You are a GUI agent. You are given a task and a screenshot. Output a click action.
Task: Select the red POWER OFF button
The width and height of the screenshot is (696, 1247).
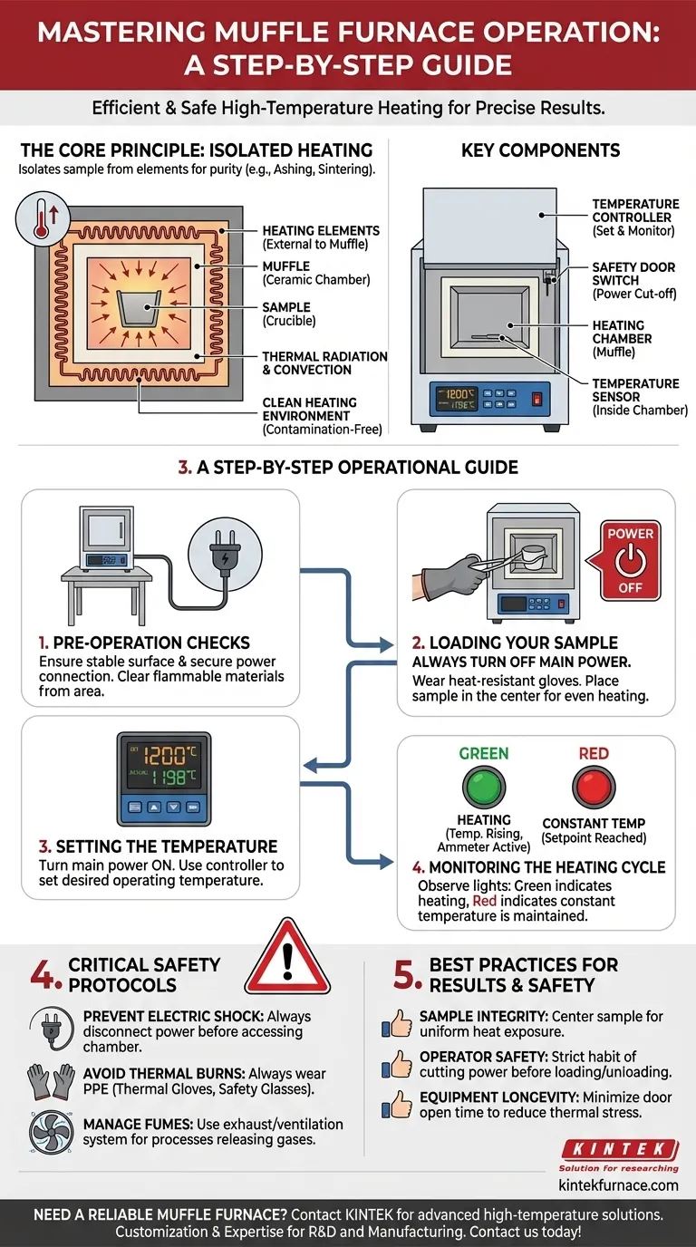pyautogui.click(x=630, y=560)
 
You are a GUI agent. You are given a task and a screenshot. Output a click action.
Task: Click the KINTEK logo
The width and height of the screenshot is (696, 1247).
pyautogui.click(x=619, y=1150)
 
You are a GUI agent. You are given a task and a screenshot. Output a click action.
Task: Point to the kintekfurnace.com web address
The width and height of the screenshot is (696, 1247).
pyautogui.click(x=619, y=1184)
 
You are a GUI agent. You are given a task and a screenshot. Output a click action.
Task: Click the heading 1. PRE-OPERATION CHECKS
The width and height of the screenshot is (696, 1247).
pyautogui.click(x=144, y=642)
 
